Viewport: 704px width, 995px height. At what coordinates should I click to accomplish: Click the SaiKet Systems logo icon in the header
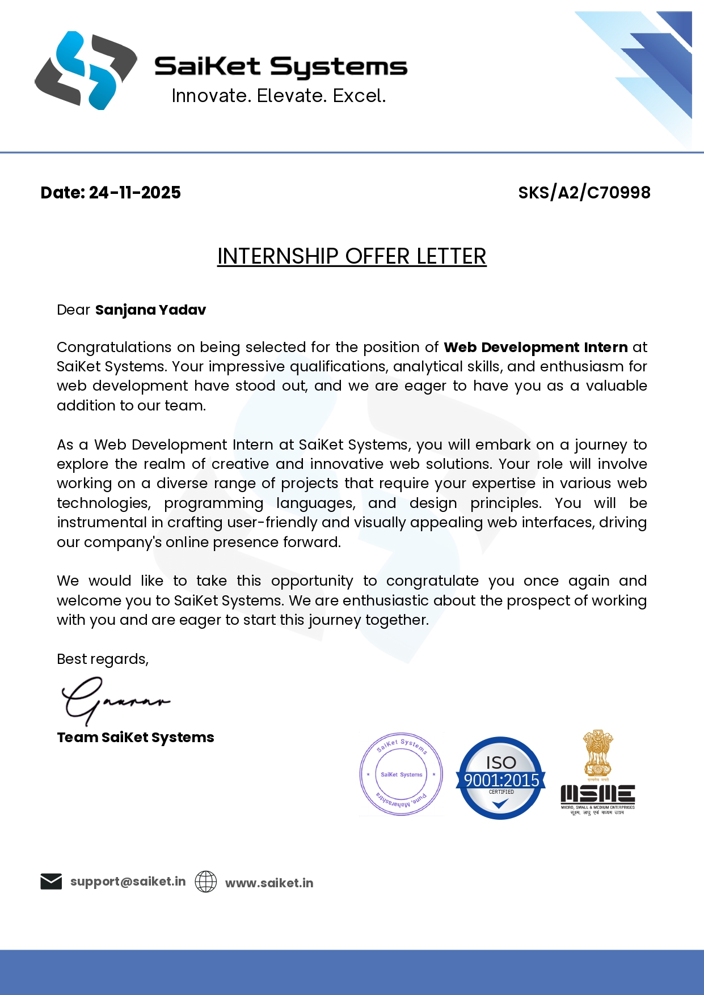(85, 70)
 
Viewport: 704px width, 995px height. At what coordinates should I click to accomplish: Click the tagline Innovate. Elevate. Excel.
(279, 96)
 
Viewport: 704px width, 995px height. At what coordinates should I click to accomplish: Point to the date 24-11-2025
(134, 193)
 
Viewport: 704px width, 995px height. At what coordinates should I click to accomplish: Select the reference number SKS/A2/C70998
(584, 193)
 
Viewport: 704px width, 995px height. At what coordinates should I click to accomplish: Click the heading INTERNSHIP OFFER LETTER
(352, 256)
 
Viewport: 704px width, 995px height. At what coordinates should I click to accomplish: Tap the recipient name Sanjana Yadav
(150, 310)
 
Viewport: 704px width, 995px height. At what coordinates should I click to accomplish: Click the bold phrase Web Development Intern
(536, 347)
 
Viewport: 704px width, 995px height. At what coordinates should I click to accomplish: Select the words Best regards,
(103, 659)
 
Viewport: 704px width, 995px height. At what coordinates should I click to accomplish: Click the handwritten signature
(113, 701)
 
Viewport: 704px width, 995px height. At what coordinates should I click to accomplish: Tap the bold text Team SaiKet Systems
(136, 737)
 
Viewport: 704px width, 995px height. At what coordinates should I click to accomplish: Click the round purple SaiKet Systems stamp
(401, 774)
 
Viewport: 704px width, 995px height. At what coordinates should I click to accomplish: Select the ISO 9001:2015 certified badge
(500, 778)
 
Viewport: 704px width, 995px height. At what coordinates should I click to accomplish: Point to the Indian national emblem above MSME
(598, 753)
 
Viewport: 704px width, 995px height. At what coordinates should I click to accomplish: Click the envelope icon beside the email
(51, 882)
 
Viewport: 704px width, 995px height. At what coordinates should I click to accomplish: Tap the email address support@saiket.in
(128, 882)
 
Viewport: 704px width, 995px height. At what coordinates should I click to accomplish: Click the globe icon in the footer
(206, 882)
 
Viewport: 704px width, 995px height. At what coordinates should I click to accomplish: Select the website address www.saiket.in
(269, 883)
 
